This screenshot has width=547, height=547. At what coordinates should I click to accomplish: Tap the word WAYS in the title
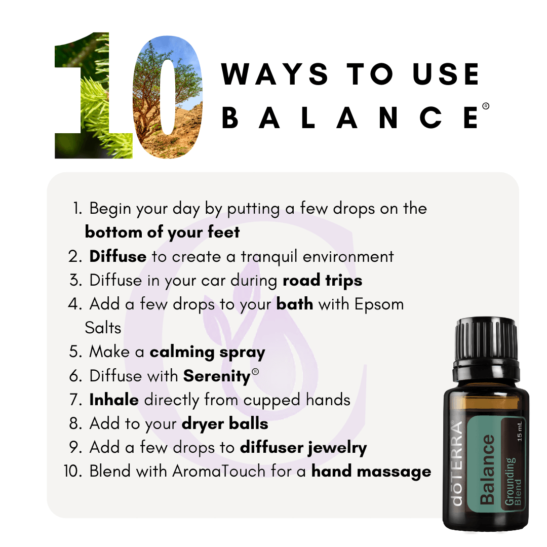[275, 74]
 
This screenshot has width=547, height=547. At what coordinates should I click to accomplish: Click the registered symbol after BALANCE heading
[486, 106]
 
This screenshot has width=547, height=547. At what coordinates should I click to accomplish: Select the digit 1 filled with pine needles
[94, 96]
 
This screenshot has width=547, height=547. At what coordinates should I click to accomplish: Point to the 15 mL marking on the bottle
[520, 432]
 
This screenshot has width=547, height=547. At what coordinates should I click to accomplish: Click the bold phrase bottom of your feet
[162, 232]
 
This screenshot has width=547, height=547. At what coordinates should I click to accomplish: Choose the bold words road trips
[322, 281]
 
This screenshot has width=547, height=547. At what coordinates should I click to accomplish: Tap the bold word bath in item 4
[295, 304]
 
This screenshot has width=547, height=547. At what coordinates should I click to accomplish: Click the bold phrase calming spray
[207, 353]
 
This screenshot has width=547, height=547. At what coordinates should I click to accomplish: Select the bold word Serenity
[217, 376]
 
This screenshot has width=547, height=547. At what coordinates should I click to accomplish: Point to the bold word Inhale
[114, 400]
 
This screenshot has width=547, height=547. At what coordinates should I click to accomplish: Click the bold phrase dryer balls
[225, 424]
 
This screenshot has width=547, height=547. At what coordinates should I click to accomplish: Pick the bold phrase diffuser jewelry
[303, 448]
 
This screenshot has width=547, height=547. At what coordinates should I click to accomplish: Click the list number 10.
[72, 472]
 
